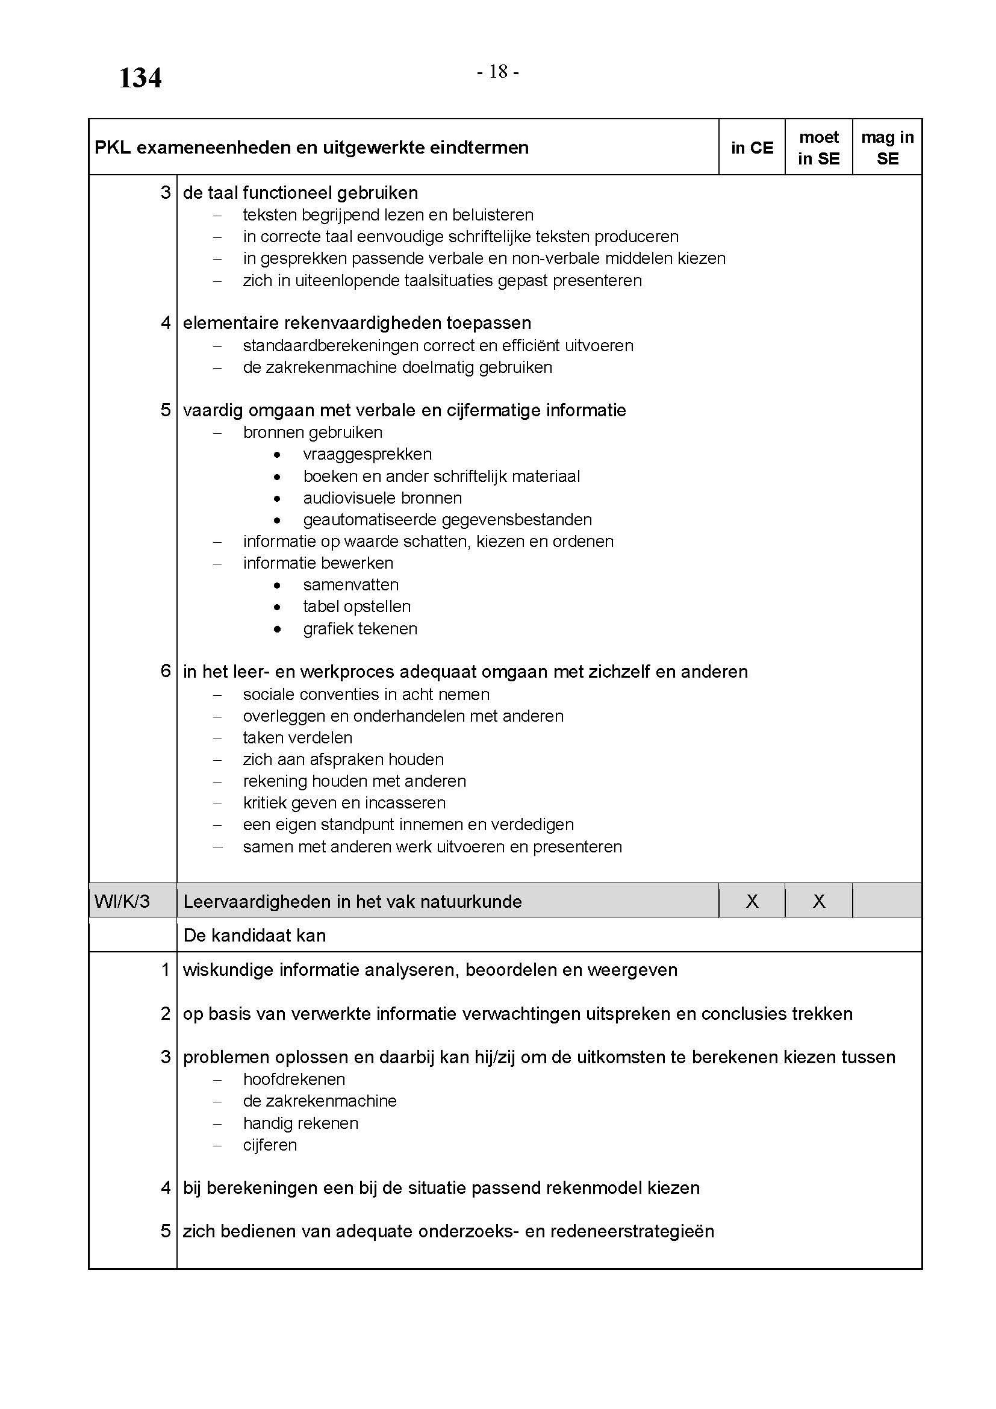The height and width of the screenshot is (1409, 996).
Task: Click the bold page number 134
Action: point(140,78)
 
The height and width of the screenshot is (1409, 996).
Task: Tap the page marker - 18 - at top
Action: point(498,72)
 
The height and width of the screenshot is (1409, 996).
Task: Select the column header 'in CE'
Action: point(752,148)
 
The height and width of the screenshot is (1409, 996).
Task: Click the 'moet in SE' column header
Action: point(818,148)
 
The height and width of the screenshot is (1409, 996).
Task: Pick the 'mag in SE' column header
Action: point(887,148)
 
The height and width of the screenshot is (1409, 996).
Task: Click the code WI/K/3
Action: point(122,902)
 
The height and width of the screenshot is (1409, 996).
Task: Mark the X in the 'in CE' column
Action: point(752,901)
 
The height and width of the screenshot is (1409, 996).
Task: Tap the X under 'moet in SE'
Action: point(819,901)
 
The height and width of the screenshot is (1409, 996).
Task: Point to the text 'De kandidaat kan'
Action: point(255,936)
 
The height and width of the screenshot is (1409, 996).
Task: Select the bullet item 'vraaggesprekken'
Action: point(367,454)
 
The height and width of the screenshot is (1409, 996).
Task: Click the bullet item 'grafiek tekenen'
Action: point(360,629)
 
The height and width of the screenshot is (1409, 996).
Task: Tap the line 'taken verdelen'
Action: point(297,738)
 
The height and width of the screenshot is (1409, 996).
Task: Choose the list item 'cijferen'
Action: point(270,1145)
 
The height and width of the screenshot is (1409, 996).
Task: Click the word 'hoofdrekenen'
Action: point(294,1079)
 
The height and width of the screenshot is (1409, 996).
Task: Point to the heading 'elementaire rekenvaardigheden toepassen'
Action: point(357,323)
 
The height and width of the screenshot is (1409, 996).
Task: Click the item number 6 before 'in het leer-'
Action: point(166,671)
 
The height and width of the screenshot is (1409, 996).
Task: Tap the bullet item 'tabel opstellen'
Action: point(357,607)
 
